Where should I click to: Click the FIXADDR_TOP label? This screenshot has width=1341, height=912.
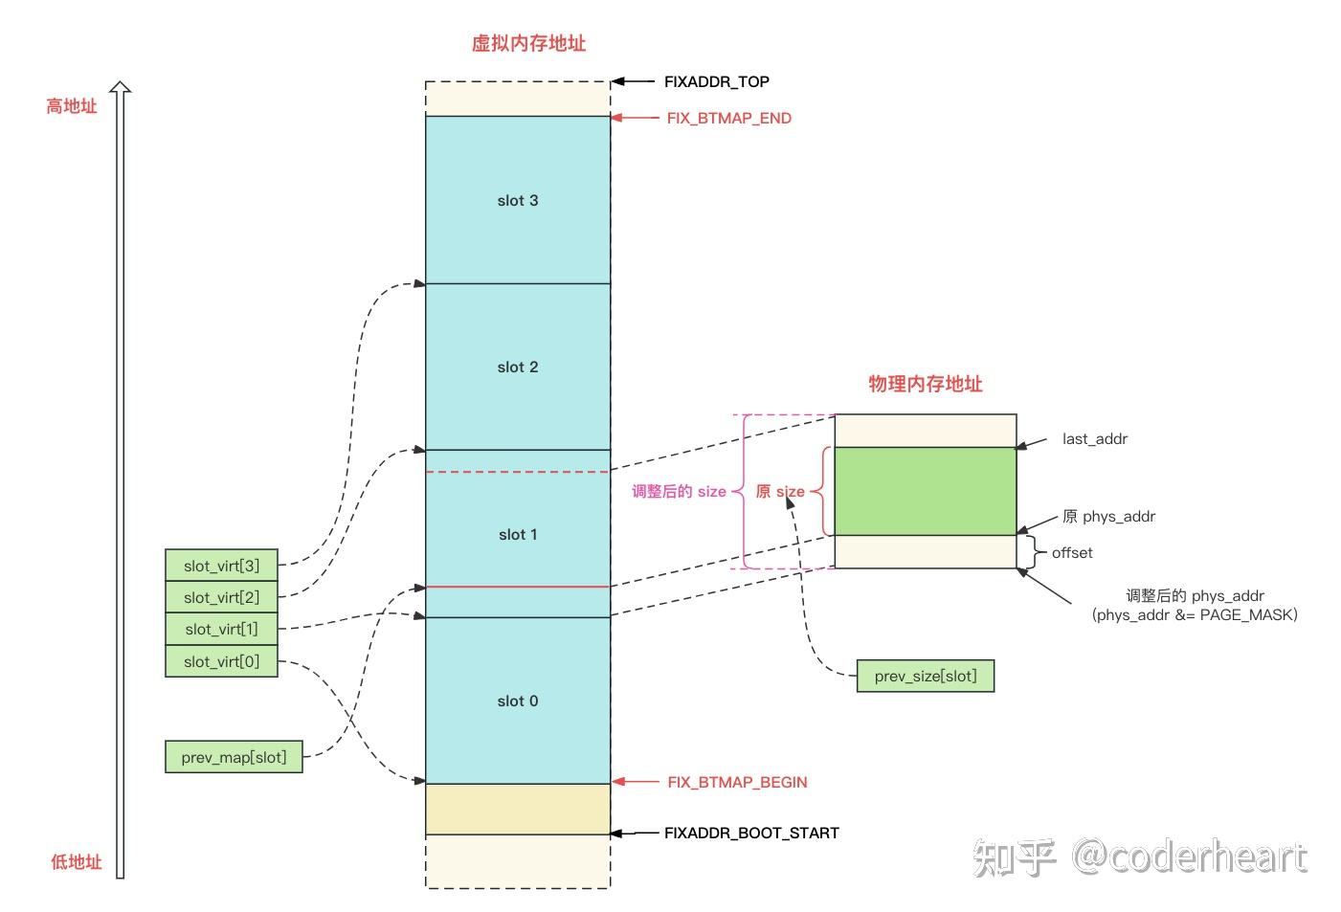click(x=716, y=82)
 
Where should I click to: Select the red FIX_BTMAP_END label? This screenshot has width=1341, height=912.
click(x=728, y=119)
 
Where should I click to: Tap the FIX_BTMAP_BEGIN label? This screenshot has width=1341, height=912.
click(x=737, y=782)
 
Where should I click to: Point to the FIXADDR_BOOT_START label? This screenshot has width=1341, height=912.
click(x=751, y=834)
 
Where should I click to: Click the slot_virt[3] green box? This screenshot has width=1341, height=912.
click(x=221, y=566)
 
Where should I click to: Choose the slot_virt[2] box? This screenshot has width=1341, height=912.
click(x=221, y=597)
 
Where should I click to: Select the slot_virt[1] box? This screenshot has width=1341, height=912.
click(x=221, y=629)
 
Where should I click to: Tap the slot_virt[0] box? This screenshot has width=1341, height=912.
click(x=221, y=661)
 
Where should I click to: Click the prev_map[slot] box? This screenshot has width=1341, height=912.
click(x=234, y=757)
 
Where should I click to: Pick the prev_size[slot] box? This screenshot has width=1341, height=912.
click(x=926, y=676)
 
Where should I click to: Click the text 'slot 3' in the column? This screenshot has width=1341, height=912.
click(x=518, y=201)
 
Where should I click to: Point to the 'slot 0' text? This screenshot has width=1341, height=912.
click(x=518, y=701)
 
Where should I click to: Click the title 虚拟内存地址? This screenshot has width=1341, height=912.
click(x=528, y=43)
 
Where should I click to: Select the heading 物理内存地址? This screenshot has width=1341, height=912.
click(x=925, y=384)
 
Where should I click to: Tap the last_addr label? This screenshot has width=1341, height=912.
click(x=1094, y=439)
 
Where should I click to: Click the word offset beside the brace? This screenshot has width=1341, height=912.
click(x=1072, y=553)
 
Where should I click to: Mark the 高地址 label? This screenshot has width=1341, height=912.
click(x=72, y=106)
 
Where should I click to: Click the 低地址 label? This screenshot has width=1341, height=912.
click(x=76, y=862)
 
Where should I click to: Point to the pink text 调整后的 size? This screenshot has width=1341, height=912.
click(x=679, y=492)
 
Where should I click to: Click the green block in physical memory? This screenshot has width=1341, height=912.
click(x=925, y=491)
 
